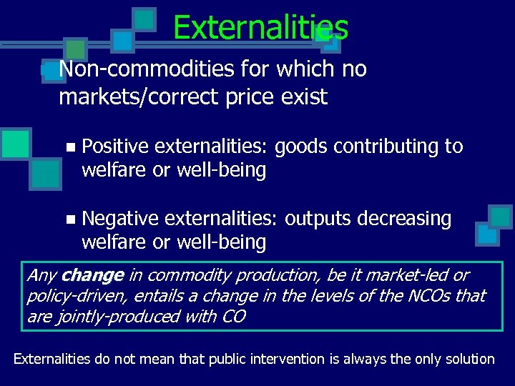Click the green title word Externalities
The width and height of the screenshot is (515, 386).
click(x=260, y=28)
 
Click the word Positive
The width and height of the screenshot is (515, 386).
click(x=115, y=147)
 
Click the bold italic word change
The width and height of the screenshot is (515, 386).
click(x=93, y=275)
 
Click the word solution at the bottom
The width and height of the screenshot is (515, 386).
click(x=470, y=358)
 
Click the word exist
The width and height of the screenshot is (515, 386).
click(x=303, y=96)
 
